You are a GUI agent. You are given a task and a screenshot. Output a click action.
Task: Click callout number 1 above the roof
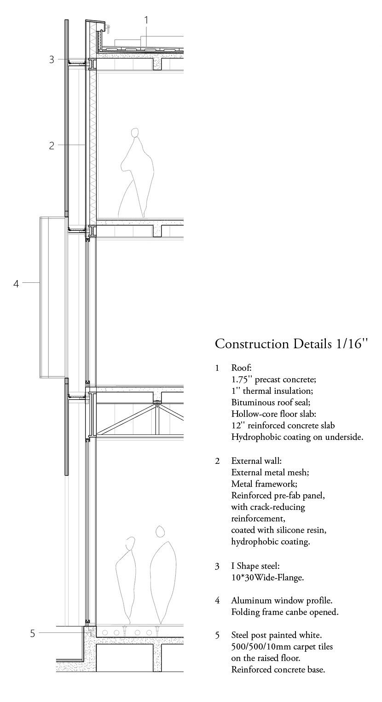point(146,20)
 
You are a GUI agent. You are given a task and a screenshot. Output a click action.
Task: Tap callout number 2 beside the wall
point(52,146)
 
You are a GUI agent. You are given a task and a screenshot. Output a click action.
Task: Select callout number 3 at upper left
point(52,59)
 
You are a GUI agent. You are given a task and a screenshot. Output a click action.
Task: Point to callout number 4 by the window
point(16,284)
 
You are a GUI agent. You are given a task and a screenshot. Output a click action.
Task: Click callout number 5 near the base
point(32,633)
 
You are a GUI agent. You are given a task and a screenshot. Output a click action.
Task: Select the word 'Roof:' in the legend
point(242,368)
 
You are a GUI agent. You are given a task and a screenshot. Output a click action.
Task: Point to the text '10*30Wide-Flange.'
point(267,577)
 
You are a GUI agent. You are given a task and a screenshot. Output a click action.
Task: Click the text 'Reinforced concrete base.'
point(278,669)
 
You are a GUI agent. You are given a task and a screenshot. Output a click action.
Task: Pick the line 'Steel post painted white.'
point(276,635)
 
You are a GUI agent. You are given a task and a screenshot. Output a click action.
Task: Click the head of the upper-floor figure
point(135,133)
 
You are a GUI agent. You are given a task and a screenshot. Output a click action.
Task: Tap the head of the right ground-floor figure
point(160,532)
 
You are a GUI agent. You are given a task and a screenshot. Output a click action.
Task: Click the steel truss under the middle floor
point(138,419)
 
